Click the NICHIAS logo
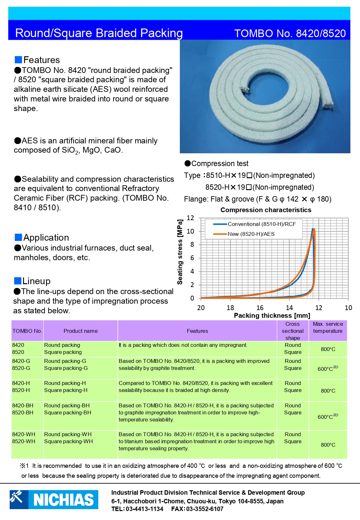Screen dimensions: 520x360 pyautogui.click(x=54, y=499)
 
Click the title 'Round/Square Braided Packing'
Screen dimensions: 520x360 pyautogui.click(x=99, y=33)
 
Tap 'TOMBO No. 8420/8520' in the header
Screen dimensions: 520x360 pyautogui.click(x=290, y=34)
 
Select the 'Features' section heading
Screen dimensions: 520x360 pyautogui.click(x=41, y=60)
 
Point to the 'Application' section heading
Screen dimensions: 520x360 pyautogui.click(x=46, y=237)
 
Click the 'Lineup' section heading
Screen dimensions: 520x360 pyautogui.click(x=36, y=281)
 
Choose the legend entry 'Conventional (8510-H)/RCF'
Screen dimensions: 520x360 pyautogui.click(x=261, y=224)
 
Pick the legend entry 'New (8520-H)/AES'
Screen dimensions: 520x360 pyautogui.click(x=251, y=234)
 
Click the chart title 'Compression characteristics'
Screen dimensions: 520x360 pyautogui.click(x=266, y=210)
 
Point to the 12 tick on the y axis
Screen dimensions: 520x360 pyautogui.click(x=190, y=218)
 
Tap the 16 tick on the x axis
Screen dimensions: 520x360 pyautogui.click(x=260, y=308)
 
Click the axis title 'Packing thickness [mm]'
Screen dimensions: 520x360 pyautogui.click(x=272, y=316)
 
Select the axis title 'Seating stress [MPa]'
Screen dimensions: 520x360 pyautogui.click(x=180, y=252)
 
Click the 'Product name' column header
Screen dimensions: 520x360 pyautogui.click(x=81, y=331)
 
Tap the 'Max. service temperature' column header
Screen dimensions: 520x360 pyautogui.click(x=328, y=328)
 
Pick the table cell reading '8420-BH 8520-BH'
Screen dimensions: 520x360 pyautogui.click(x=23, y=409)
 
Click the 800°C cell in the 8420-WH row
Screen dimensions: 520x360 pyautogui.click(x=328, y=445)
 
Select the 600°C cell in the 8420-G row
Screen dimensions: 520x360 pyautogui.click(x=327, y=369)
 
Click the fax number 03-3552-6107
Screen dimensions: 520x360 pyautogui.click(x=204, y=509)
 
